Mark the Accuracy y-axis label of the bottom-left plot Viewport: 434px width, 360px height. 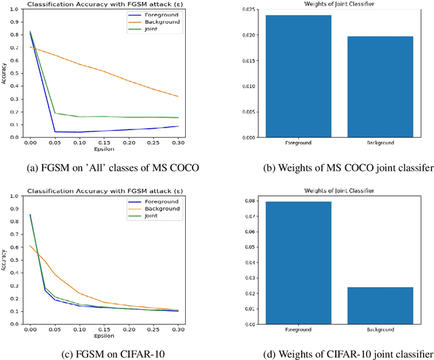click(x=5, y=258)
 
